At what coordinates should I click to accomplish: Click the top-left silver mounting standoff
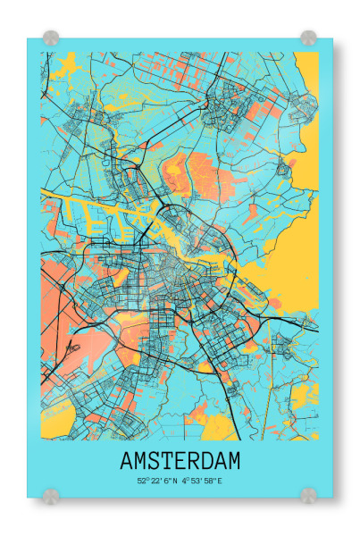pos(51,38)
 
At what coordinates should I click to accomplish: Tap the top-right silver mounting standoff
pos(308,38)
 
